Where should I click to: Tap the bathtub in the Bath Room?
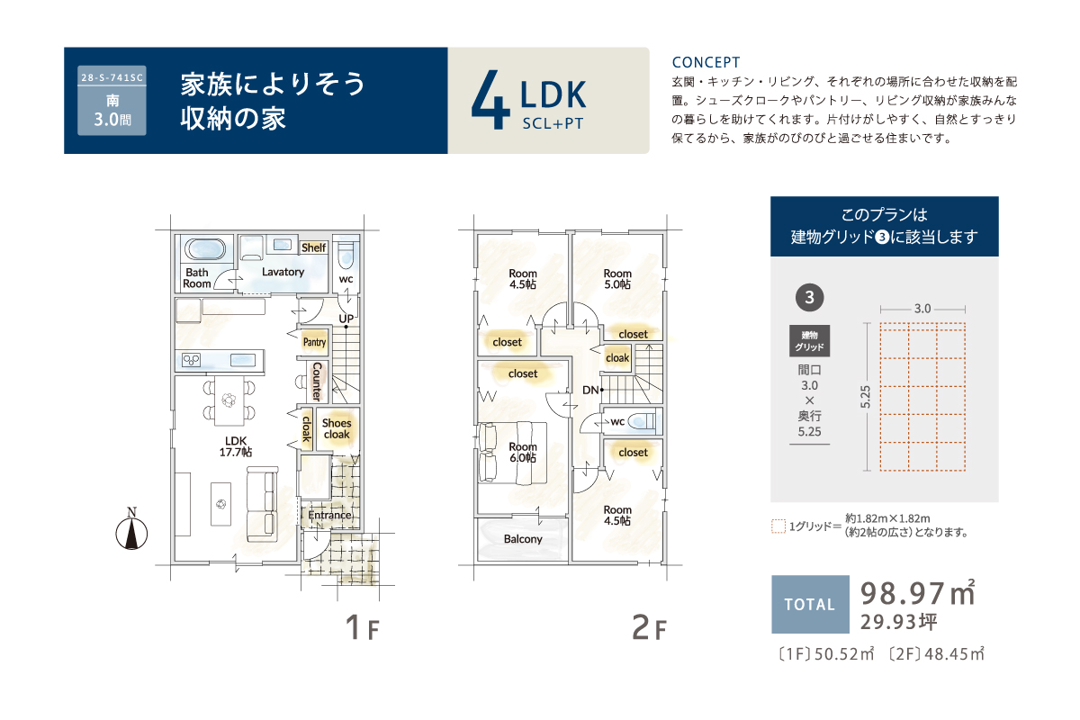(205, 250)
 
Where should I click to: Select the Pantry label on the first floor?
(314, 342)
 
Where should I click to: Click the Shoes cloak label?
(337, 428)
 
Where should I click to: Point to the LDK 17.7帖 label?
(235, 446)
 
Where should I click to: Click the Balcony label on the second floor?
(523, 539)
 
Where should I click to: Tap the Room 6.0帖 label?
(523, 453)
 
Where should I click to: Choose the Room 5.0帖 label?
(617, 279)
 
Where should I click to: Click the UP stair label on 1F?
(346, 319)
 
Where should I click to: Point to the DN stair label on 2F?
(590, 390)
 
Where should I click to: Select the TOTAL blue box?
(810, 604)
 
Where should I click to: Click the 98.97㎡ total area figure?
(917, 593)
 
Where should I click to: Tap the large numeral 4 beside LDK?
(490, 99)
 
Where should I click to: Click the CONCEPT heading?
(706, 63)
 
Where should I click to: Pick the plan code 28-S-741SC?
(112, 77)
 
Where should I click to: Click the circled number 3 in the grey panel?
(809, 297)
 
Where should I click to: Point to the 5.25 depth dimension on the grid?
(866, 397)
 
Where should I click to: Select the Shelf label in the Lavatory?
(313, 247)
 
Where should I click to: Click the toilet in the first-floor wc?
(346, 255)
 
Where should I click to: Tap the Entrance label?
(329, 515)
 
